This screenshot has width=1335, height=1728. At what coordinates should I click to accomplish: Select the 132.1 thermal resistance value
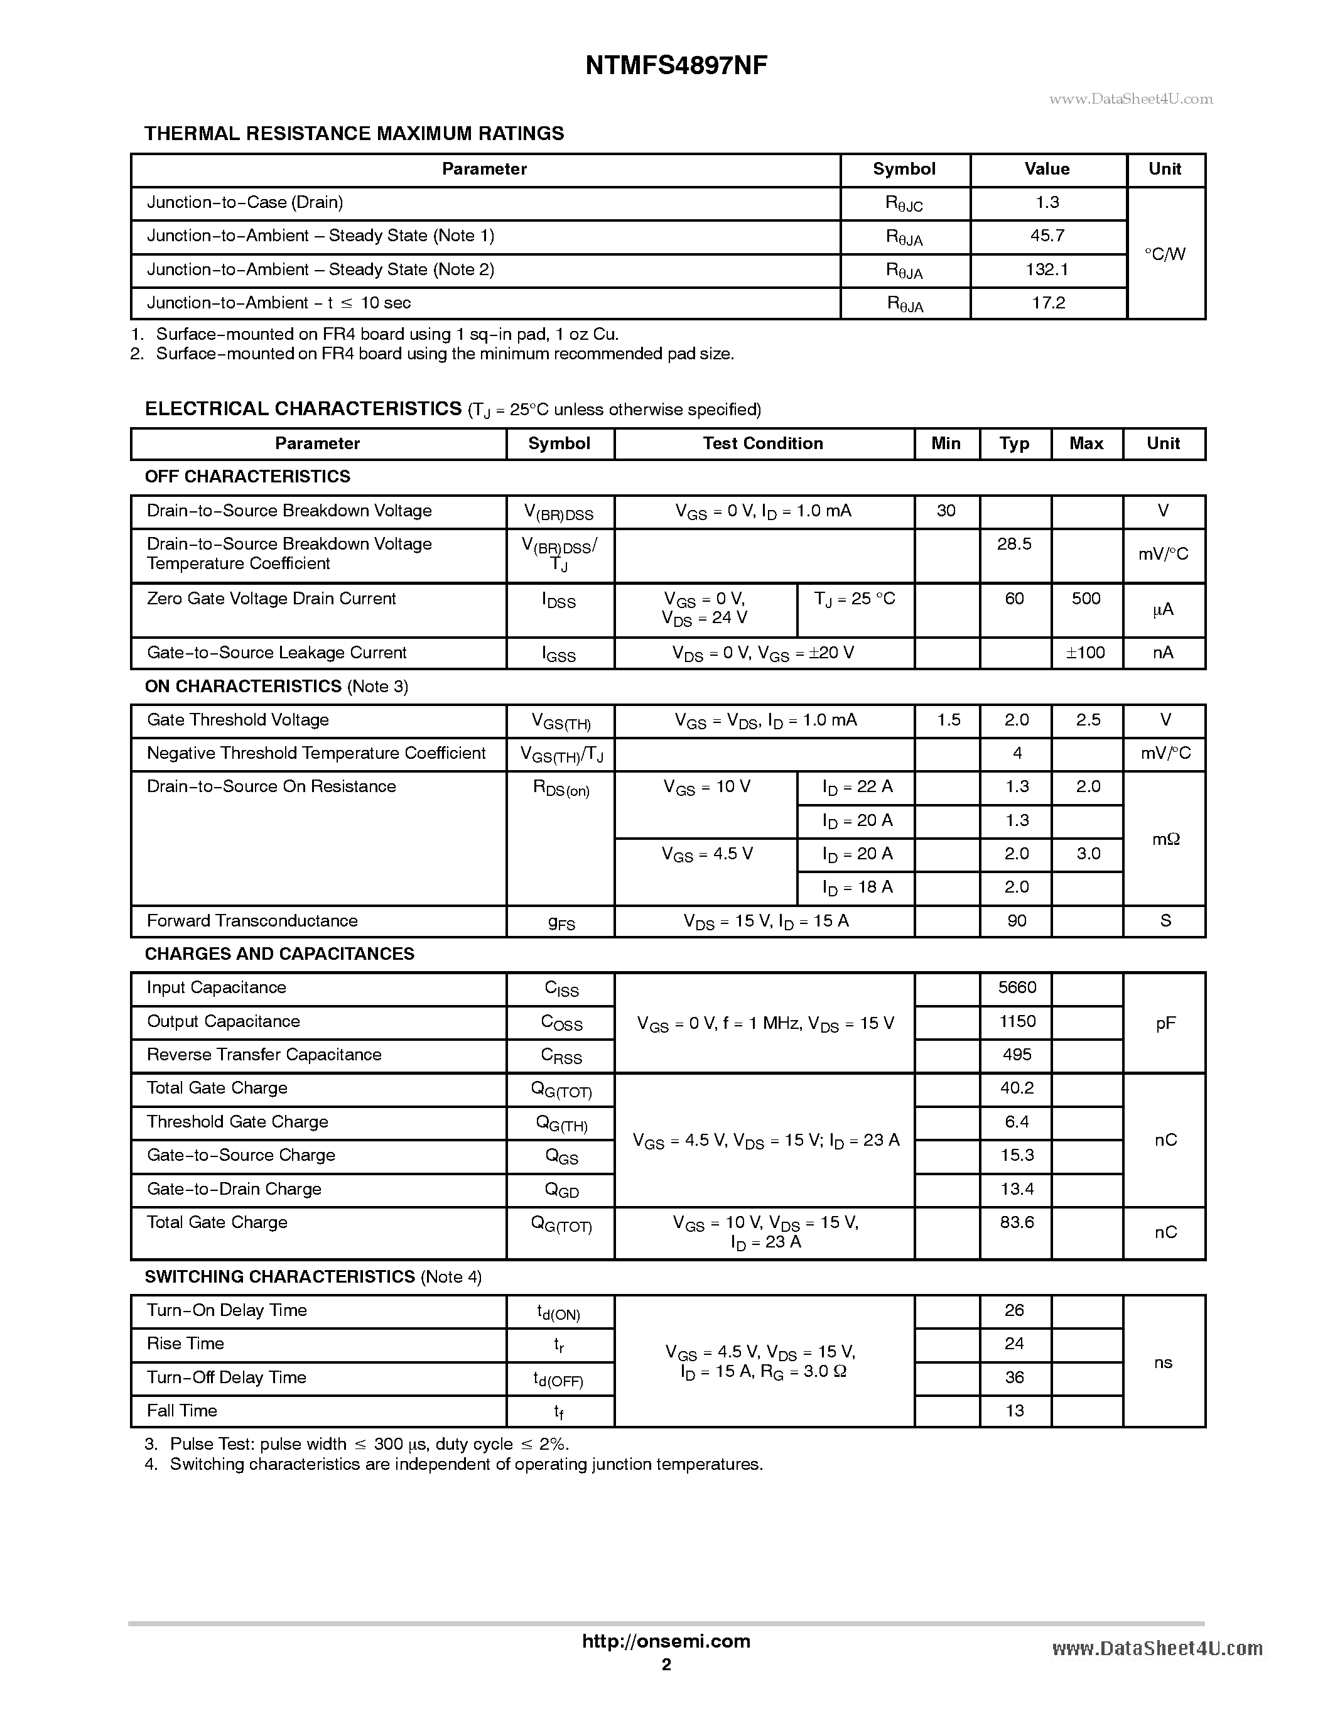1047,270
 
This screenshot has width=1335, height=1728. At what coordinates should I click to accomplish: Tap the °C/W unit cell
1165,254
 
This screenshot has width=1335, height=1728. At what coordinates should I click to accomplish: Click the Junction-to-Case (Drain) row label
245,202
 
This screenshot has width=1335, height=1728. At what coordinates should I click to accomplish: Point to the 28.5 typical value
1015,545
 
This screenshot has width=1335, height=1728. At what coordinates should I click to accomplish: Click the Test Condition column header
763,444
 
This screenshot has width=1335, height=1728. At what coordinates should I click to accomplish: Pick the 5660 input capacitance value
1016,987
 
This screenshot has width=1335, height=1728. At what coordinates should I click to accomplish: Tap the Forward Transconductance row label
252,921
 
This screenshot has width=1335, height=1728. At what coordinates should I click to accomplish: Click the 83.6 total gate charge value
1016,1222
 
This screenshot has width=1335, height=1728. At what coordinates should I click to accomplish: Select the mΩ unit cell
1165,839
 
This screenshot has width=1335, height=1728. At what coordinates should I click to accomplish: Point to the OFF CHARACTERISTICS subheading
247,476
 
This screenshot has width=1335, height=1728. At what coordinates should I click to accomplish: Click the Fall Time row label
182,1411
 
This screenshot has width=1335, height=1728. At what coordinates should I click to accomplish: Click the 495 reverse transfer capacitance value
1016,1055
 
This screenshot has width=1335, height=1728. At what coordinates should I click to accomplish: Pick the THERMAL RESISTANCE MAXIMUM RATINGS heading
354,134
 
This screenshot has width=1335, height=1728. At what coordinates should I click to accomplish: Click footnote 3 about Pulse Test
357,1444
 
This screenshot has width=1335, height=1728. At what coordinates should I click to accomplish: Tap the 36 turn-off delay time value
1015,1378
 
